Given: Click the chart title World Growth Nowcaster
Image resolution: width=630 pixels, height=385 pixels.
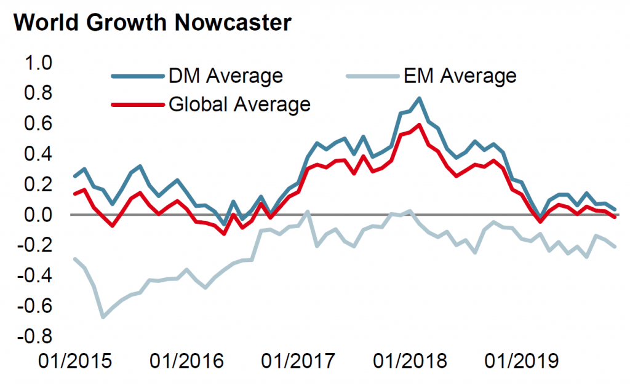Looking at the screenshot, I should point(151,23).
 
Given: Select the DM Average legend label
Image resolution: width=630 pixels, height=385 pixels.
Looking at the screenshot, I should point(225,76).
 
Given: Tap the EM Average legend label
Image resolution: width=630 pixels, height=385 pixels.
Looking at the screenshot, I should point(460,76).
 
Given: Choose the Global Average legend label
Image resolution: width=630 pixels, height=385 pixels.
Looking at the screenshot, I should point(239,104).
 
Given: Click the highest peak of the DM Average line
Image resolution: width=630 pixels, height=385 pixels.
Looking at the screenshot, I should point(419,98).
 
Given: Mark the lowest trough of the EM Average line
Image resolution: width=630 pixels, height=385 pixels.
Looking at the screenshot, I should point(103,317).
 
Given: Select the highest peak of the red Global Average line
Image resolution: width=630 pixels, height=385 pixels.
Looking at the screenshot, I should point(419,125).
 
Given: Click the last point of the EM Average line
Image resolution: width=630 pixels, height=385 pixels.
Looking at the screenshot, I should point(615,247).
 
